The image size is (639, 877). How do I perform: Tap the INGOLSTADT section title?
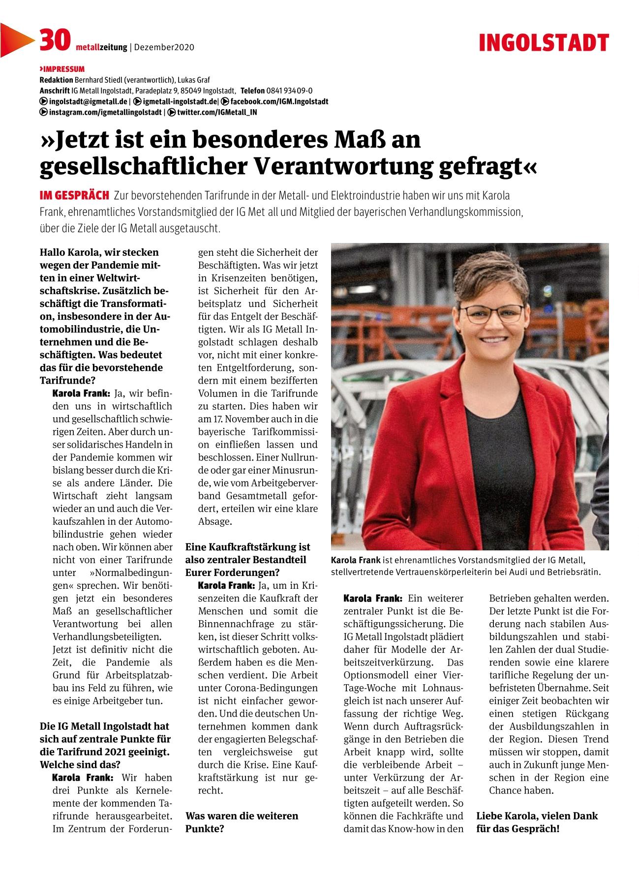click(x=544, y=43)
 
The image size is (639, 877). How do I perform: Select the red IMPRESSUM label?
click(x=62, y=69)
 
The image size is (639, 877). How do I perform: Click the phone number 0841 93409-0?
click(x=289, y=91)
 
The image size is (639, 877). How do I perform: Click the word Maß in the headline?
click(x=355, y=140)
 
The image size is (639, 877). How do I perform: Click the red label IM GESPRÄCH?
click(x=74, y=196)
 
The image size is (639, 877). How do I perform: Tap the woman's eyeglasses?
click(x=492, y=313)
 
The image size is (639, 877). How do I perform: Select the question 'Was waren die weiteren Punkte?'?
click(x=242, y=822)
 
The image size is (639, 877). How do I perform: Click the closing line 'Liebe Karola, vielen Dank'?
click(x=537, y=816)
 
